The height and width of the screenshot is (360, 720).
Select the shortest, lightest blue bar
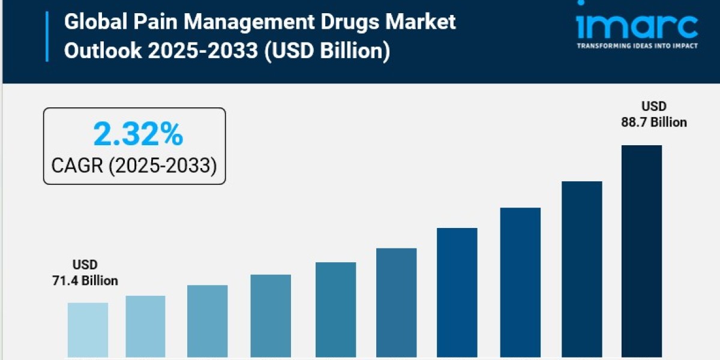coord(88,329)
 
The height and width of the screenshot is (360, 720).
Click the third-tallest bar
coord(520,282)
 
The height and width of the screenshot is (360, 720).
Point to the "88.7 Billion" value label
coord(654,122)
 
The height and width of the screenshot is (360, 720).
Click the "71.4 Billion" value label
coord(85,281)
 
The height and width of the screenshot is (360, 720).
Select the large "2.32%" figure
coord(138,134)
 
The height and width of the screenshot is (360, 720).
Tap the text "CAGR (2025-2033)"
coord(134,165)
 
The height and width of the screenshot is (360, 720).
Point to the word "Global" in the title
coord(92,23)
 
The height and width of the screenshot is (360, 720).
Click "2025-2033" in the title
coord(201,51)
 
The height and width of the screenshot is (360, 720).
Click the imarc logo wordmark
coord(637,25)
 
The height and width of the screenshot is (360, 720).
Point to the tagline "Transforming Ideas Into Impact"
coord(637,46)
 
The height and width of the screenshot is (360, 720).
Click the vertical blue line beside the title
coord(47,36)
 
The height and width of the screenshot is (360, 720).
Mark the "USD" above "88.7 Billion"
coord(654,106)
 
